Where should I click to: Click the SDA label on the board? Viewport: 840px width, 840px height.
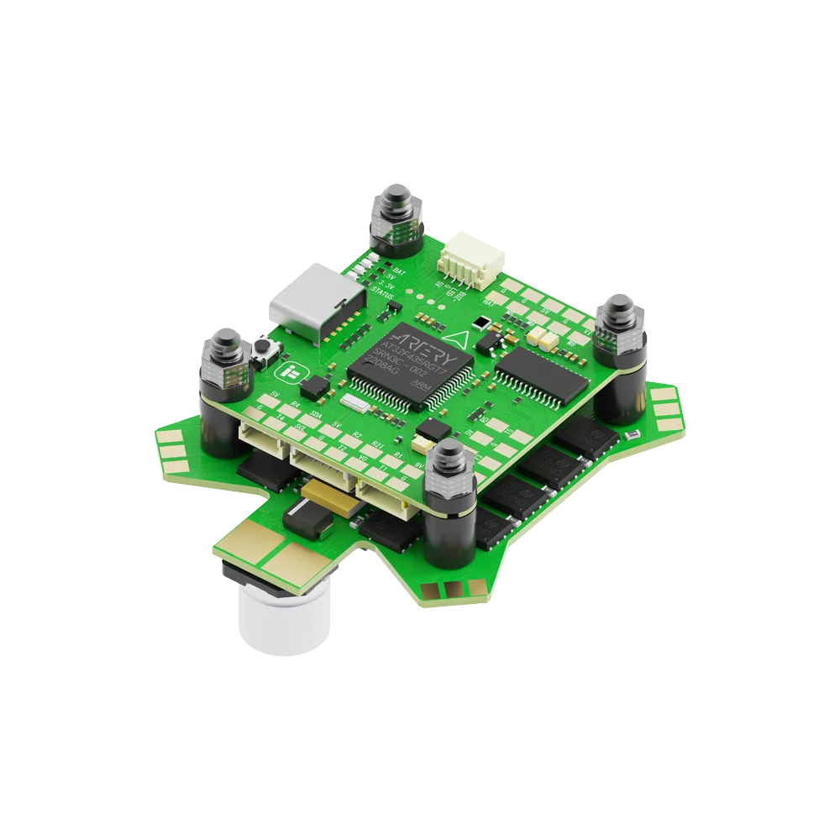(x=316, y=414)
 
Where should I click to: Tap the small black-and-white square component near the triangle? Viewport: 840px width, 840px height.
(x=480, y=322)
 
